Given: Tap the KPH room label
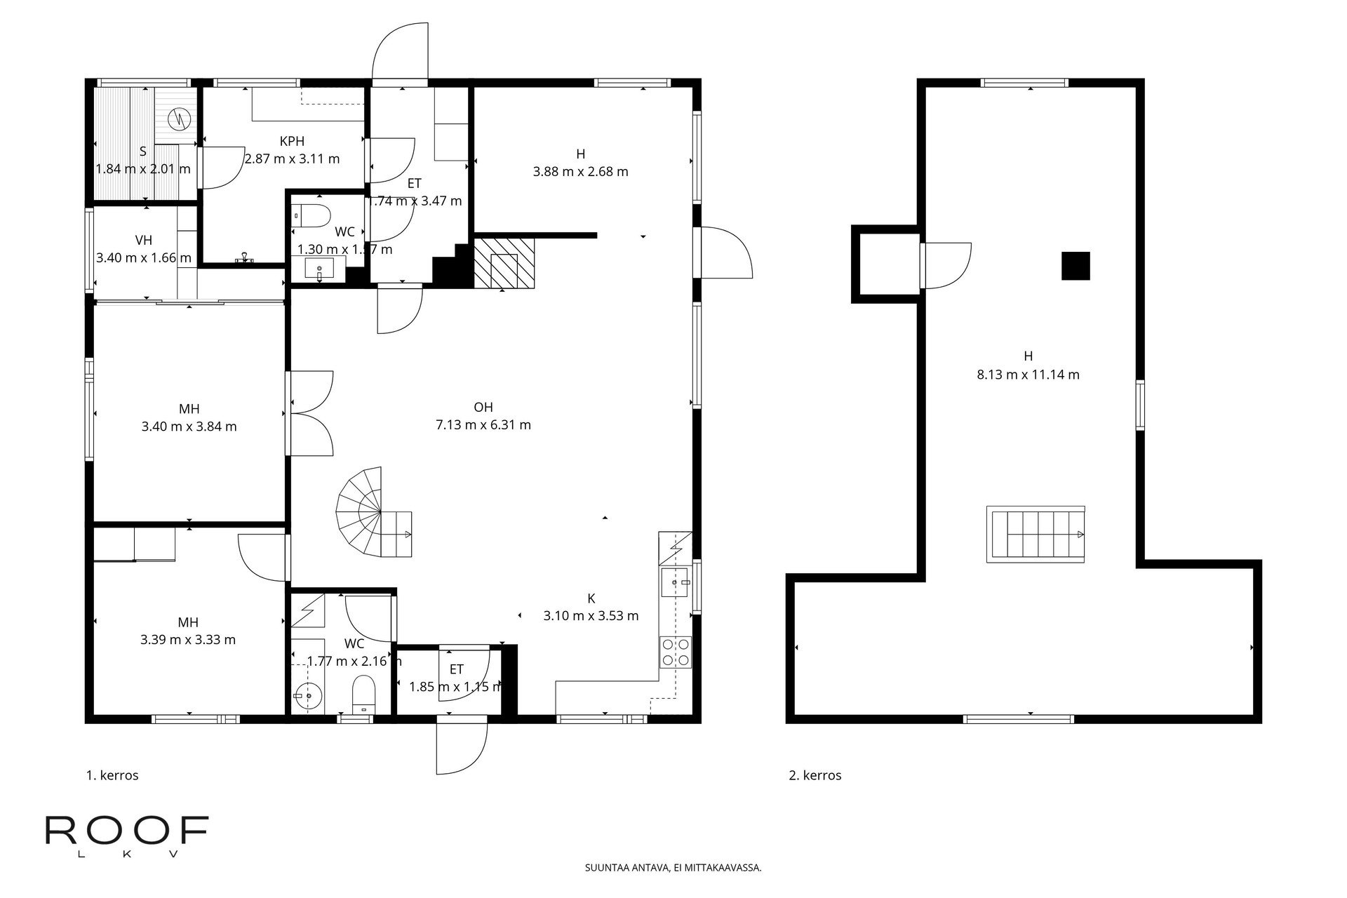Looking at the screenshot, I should (292, 141).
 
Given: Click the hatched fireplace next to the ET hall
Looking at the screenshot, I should (504, 263).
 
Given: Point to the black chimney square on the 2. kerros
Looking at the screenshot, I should (1075, 266).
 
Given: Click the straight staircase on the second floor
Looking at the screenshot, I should (1036, 534).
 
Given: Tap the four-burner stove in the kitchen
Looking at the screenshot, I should (675, 652).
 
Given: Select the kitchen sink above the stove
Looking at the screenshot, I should (676, 582).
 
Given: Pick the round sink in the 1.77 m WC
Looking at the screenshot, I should (307, 697).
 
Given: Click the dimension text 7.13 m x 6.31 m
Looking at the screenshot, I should (483, 424).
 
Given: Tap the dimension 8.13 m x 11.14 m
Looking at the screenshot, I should (1028, 375).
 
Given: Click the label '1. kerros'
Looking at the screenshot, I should (112, 775).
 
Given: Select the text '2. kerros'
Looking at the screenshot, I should (815, 775).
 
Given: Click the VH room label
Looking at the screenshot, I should (143, 241).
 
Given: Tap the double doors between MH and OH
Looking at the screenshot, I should (309, 413).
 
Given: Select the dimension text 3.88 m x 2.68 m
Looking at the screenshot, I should (580, 171).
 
